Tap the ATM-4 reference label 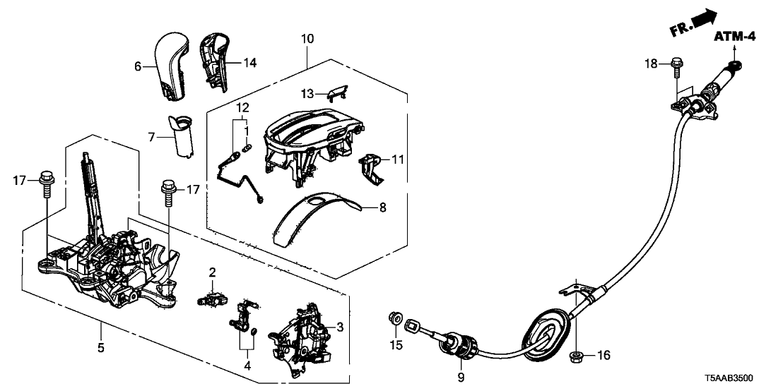point(734,37)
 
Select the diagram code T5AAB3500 point(742,379)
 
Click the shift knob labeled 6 point(172,63)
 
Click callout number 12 point(242,108)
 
